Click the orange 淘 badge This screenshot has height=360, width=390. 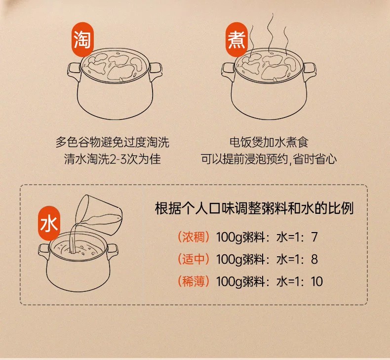click(x=82, y=40)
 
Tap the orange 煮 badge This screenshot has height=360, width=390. click(x=237, y=40)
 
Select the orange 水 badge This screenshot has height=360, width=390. click(x=49, y=223)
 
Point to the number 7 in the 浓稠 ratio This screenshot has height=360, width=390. click(x=314, y=237)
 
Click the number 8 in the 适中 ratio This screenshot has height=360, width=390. click(x=314, y=259)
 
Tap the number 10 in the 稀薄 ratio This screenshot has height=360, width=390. click(x=316, y=281)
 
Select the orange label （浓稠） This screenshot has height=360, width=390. click(x=193, y=237)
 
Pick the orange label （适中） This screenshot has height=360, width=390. click(x=193, y=259)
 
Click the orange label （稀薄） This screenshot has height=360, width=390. click(x=193, y=281)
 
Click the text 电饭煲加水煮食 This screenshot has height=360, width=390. click(x=269, y=142)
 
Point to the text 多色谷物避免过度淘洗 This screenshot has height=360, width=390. click(x=113, y=142)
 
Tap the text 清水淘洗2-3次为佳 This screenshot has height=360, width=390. click(x=113, y=159)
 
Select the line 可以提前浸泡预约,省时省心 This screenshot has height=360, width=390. click(x=269, y=159)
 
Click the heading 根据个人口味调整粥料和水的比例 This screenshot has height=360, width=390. click(x=254, y=208)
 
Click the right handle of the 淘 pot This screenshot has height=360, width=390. click(x=156, y=71)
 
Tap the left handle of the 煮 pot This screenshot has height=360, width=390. click(x=228, y=71)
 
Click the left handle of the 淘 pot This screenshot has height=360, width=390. click(x=74, y=71)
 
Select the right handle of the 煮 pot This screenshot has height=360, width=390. click(x=310, y=71)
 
